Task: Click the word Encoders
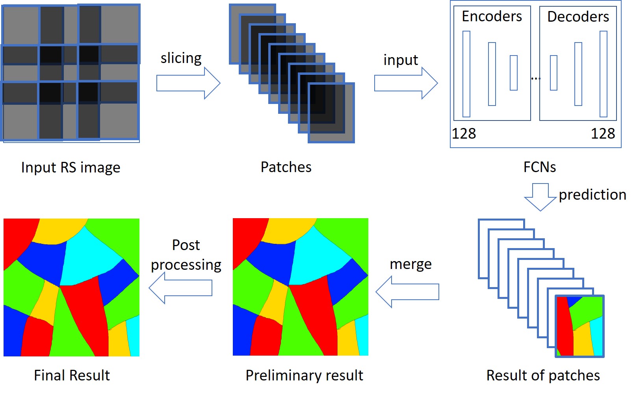pos(492,17)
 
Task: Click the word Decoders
pos(578,17)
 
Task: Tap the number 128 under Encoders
pos(464,134)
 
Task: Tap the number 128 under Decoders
pos(603,134)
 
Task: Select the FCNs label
pos(539,167)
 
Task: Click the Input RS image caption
pos(71,168)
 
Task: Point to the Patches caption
pos(286,167)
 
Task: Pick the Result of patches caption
pos(543,376)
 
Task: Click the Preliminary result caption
pos(304,376)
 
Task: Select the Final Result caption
pos(72,376)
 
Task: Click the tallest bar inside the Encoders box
pos(466,74)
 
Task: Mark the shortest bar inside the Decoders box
pos(553,73)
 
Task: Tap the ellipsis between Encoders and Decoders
pos(535,79)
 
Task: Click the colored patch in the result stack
pos(579,326)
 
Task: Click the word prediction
pos(592,195)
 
